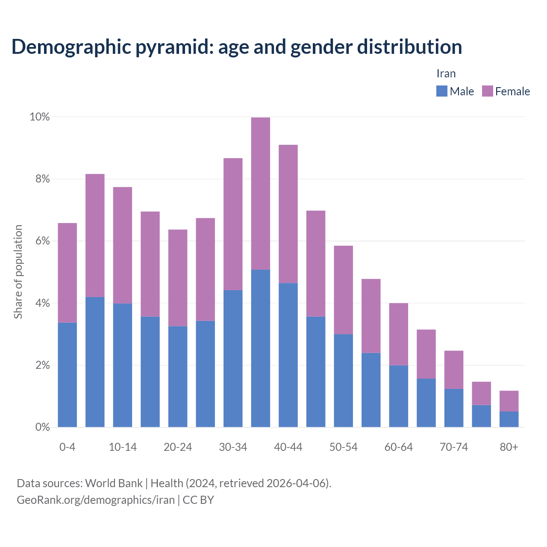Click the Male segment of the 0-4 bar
click(x=68, y=375)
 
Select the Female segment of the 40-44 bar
click(x=288, y=214)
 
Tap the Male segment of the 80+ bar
click(x=509, y=419)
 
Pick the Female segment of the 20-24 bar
click(x=178, y=278)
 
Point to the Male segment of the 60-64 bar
click(x=398, y=396)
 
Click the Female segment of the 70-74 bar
click(x=454, y=370)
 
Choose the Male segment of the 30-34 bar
click(x=233, y=359)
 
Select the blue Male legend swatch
click(x=441, y=91)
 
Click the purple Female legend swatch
click(x=487, y=91)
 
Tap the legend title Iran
click(x=446, y=74)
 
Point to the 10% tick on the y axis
click(x=39, y=117)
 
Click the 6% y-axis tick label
click(x=42, y=241)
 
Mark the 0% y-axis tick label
click(x=42, y=427)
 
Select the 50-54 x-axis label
click(x=343, y=447)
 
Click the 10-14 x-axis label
click(x=123, y=447)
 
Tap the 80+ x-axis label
click(x=509, y=447)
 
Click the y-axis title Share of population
click(x=18, y=272)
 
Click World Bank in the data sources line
click(x=114, y=483)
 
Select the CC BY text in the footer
click(x=198, y=500)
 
